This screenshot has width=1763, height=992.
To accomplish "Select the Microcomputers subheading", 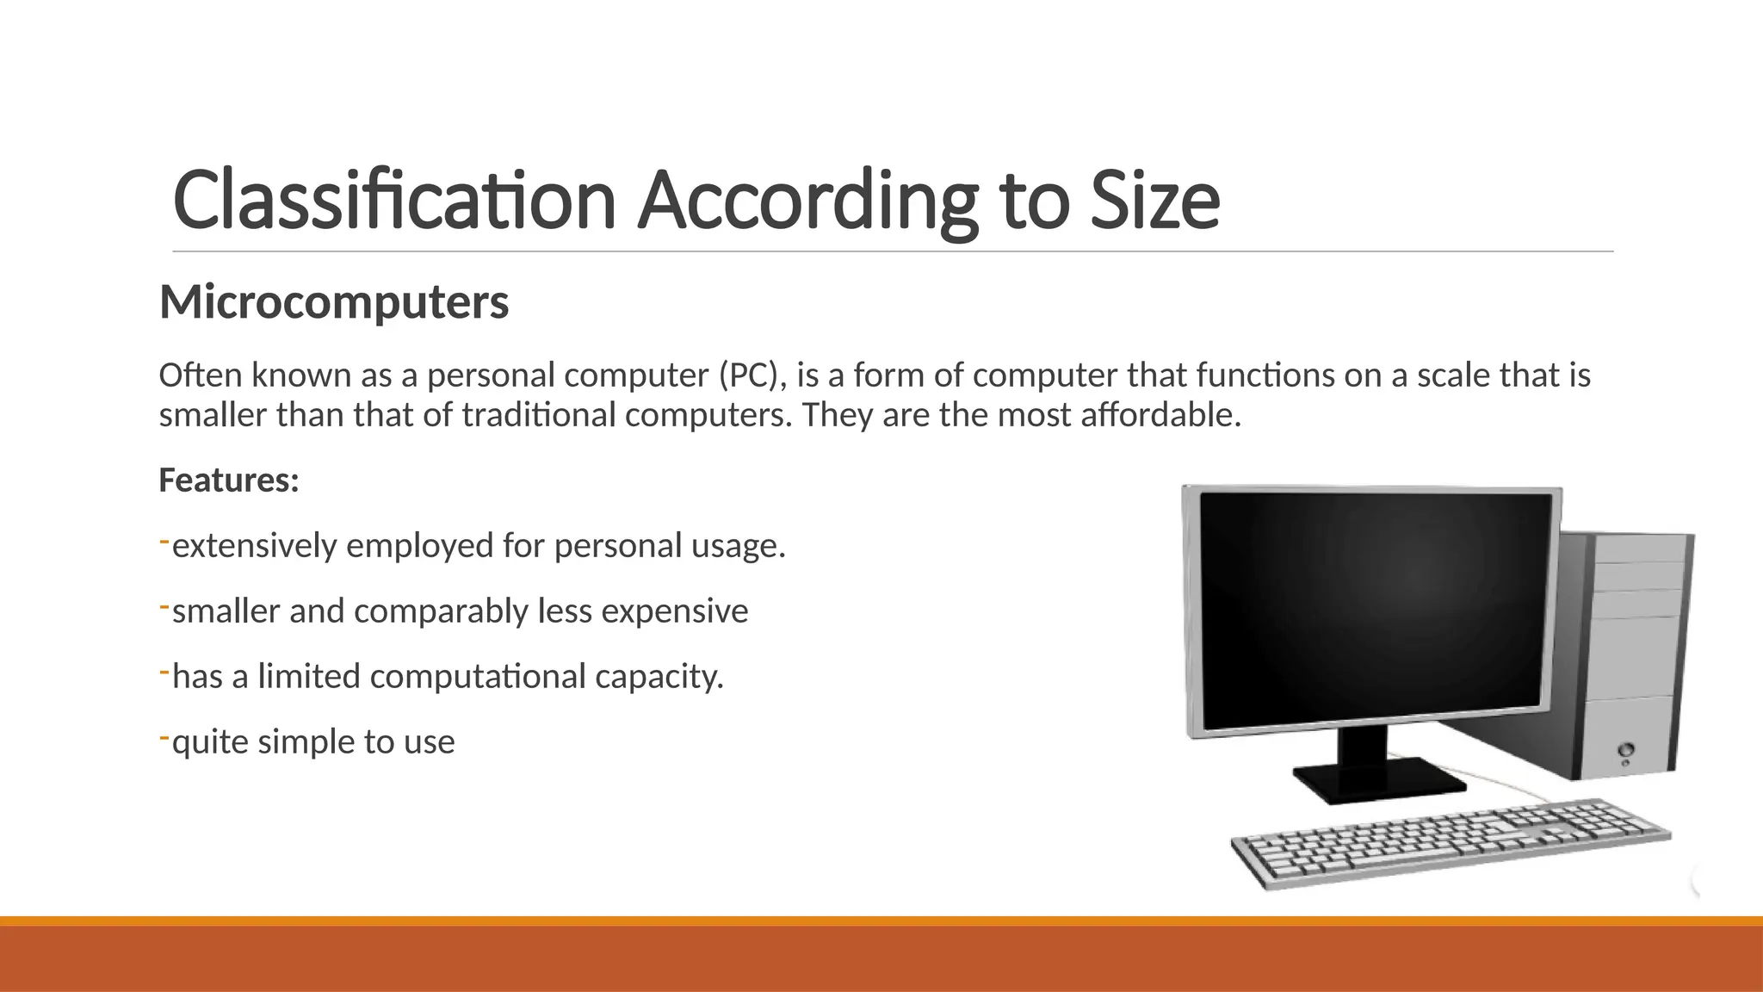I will (x=334, y=302).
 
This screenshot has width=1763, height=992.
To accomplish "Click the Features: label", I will (x=229, y=480).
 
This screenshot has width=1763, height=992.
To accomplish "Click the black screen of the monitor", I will (x=1375, y=607).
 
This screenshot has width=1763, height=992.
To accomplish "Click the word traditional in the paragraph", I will (x=539, y=415).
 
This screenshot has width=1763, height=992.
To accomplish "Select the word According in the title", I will (x=807, y=200).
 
